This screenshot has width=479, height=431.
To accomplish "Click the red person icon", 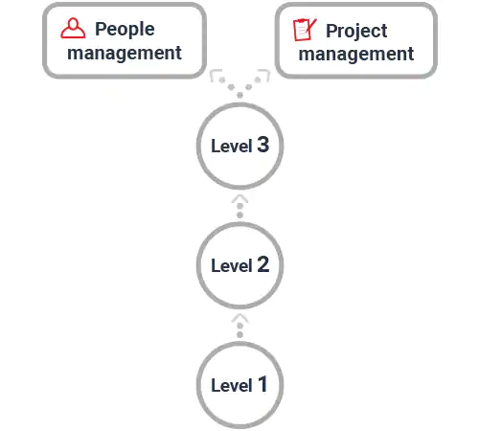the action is (73, 28).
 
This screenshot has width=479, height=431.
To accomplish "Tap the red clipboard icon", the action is (305, 30).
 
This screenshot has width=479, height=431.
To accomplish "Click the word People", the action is (125, 30).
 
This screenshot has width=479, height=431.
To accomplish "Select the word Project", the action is (356, 32).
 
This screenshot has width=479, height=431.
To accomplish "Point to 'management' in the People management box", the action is (125, 53).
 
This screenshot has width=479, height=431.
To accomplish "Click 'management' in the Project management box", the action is (356, 54).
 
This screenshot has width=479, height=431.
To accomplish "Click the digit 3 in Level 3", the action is (262, 145).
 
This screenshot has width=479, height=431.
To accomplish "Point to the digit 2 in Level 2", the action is (263, 264).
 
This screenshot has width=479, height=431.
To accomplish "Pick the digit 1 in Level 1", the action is (262, 384).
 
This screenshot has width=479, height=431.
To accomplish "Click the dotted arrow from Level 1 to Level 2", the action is (239, 326).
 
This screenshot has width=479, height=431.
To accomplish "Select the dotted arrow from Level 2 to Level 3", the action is (239, 206).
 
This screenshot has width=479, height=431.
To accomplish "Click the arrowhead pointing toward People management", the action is (216, 74).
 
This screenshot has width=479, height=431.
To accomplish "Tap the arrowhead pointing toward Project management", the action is (264, 74).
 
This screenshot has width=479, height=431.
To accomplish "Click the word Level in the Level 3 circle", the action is (232, 147).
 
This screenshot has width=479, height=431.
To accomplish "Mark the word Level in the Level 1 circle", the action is (232, 386).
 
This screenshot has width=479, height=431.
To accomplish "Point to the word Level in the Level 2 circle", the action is (232, 266).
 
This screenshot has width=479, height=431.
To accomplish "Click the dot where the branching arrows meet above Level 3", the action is (239, 95).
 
